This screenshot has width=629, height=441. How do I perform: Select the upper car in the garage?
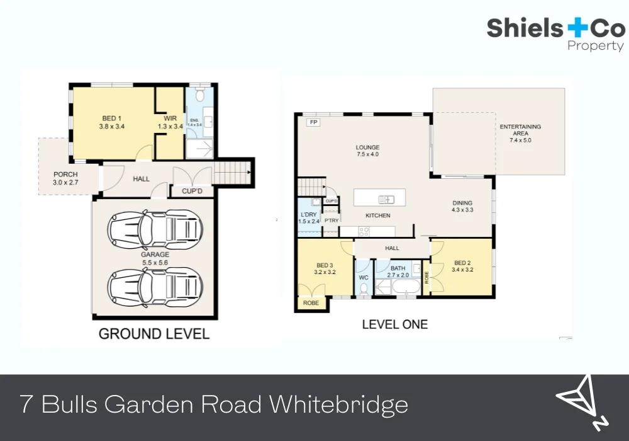[155, 230]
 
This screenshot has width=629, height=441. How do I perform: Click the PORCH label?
[65, 178]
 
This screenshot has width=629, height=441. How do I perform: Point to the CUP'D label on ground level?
[191, 190]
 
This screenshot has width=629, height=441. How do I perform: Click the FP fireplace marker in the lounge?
[313, 122]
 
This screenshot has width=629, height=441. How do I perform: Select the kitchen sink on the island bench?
[386, 200]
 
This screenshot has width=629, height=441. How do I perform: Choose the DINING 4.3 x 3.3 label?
[462, 207]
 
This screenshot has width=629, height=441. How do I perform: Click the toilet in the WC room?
[364, 289]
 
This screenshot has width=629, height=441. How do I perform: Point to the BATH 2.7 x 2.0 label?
[398, 272]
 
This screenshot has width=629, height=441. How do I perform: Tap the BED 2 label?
[462, 266]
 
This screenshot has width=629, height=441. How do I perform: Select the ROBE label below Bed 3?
[311, 303]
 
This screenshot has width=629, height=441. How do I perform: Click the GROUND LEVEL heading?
[153, 334]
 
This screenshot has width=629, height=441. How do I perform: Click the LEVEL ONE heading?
[394, 324]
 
